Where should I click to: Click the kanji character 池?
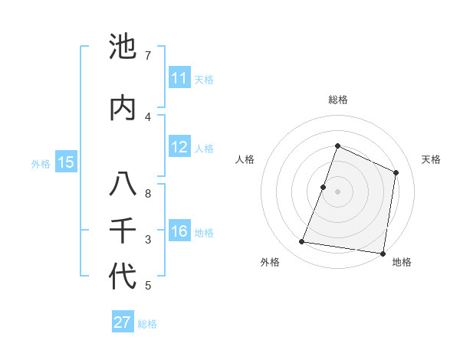point(123,47)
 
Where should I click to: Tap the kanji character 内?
point(123,108)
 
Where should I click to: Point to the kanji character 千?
point(123,231)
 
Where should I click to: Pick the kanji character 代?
point(123,277)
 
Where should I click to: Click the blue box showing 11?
point(179,78)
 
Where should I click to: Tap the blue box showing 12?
point(179,148)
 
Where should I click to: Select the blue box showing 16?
point(179,232)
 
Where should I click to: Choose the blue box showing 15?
point(66,162)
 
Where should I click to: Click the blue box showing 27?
point(123,322)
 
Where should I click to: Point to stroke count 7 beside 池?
point(147,56)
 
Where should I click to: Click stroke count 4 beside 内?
point(147,116)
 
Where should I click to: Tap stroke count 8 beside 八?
point(147,194)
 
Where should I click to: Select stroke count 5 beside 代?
point(147,286)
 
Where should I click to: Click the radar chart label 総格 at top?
point(337,100)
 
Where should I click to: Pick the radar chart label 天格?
point(432,159)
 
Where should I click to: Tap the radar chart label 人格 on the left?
point(245,159)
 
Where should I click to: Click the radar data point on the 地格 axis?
point(383,253)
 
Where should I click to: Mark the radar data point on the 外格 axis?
point(302,242)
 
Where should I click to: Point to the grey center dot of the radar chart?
point(337,191)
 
